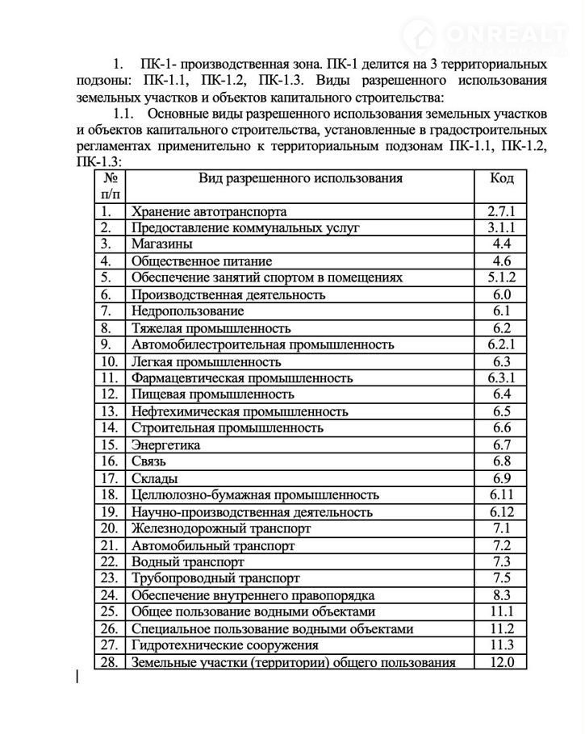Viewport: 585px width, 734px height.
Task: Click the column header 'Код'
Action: (x=501, y=178)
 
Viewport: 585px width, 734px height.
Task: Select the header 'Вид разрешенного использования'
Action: (x=300, y=178)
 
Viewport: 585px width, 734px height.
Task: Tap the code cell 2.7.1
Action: (x=501, y=211)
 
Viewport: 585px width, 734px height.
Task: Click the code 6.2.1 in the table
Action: (x=501, y=344)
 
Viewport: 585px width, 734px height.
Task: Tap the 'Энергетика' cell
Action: (x=165, y=445)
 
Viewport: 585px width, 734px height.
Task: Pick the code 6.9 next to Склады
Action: (x=501, y=478)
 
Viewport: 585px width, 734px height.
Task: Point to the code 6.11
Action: (x=501, y=495)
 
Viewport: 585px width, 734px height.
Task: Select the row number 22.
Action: (x=110, y=562)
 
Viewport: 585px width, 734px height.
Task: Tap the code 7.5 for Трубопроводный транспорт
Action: (x=501, y=578)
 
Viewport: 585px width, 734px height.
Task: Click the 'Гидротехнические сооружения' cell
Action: (x=224, y=645)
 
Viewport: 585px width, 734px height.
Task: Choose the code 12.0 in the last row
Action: (x=501, y=662)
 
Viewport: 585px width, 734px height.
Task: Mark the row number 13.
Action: (x=110, y=411)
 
